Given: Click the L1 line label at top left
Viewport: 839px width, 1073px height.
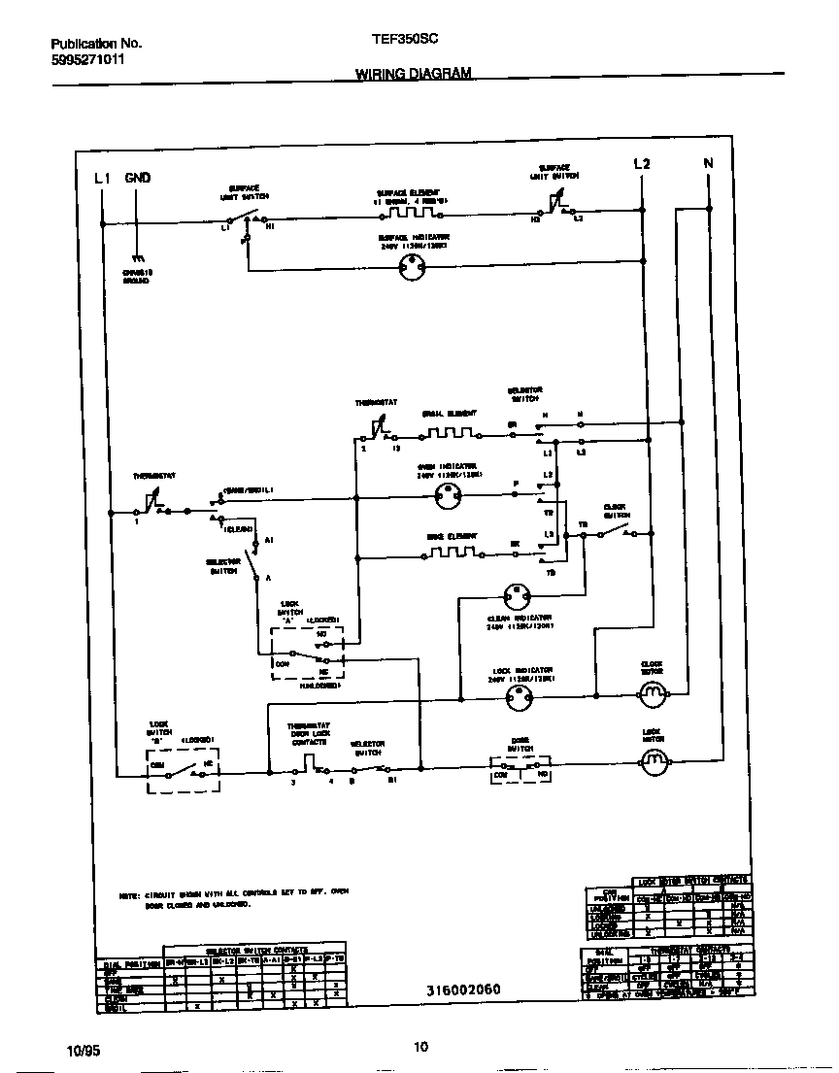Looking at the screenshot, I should pyautogui.click(x=102, y=178).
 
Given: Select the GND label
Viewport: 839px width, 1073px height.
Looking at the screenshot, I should pyautogui.click(x=137, y=178).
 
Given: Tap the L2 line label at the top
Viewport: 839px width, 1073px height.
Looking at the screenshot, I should pyautogui.click(x=641, y=164).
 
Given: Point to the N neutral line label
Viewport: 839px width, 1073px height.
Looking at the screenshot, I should pyautogui.click(x=708, y=164).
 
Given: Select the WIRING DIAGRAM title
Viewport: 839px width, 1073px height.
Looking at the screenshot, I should pyautogui.click(x=414, y=74).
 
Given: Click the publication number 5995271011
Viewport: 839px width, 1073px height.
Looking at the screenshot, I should pyautogui.click(x=87, y=59).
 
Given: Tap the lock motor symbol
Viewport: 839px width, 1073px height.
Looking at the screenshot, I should pyautogui.click(x=653, y=763).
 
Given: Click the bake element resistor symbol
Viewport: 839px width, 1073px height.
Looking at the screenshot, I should pyautogui.click(x=451, y=553).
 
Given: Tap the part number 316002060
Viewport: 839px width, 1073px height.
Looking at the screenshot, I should pyautogui.click(x=463, y=991).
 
